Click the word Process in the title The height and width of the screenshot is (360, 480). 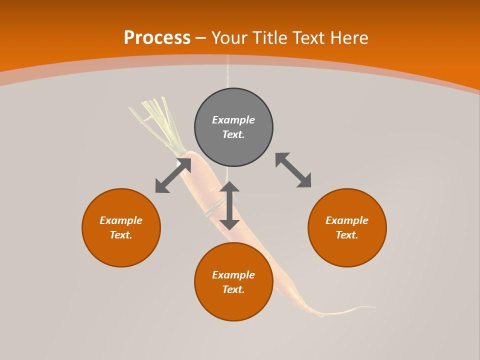(157, 38)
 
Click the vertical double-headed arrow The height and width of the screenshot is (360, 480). (229, 205)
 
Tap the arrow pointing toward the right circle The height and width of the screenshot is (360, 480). (293, 170)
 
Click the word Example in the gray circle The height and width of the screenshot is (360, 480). (233, 120)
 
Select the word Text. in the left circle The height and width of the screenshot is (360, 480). (121, 235)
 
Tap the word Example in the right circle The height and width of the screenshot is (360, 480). (347, 220)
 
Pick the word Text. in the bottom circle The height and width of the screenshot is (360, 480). (233, 289)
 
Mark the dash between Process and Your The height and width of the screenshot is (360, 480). (201, 38)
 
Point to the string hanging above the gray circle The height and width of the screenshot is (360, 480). (228, 72)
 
